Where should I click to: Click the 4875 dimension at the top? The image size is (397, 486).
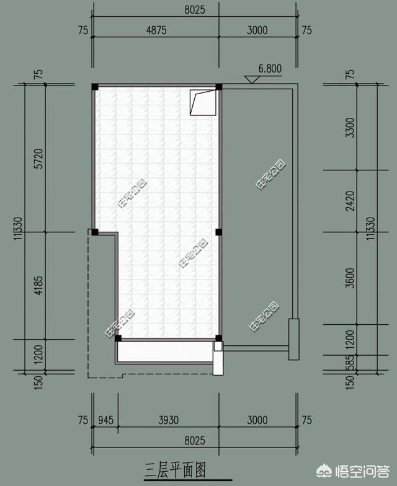coord(156,30)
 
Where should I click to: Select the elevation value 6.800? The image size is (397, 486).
coord(270,68)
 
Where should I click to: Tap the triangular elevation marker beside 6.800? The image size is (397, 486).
coord(252,79)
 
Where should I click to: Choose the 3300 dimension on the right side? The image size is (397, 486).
coord(350,128)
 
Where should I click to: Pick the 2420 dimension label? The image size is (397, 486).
coord(350,201)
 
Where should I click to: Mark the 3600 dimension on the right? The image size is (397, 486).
coord(350,278)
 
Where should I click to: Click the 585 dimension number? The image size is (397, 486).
coord(350,362)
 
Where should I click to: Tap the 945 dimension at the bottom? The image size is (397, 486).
coord(105,420)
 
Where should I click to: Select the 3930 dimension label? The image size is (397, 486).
coord(169,420)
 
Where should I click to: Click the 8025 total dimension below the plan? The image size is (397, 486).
coord(195,440)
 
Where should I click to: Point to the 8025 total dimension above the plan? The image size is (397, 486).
coord(195,10)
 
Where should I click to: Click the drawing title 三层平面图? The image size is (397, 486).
coord(175,470)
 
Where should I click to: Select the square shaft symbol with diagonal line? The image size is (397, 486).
coord(203,103)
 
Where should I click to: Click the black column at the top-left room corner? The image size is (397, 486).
coord(95,87)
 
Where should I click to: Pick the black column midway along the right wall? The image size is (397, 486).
coord(218,232)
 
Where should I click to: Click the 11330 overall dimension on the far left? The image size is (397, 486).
coord(18,228)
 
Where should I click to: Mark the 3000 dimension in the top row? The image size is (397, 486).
coord(257,30)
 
